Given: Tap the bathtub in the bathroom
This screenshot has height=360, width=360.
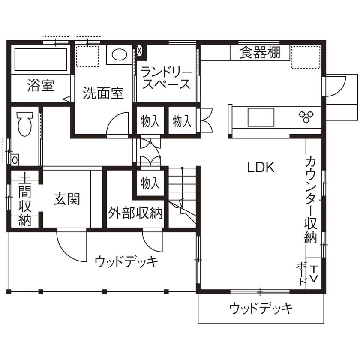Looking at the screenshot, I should pyautogui.click(x=41, y=60).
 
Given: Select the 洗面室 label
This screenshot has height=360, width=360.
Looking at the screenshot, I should pyautogui.click(x=103, y=93).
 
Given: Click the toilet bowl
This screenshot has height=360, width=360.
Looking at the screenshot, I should pyautogui.click(x=24, y=123).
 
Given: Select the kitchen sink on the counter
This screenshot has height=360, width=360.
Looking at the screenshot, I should pyautogui.click(x=261, y=117).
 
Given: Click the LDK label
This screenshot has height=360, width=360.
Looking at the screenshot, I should pyautogui.click(x=261, y=167).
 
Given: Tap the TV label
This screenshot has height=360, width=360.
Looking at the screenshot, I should pyautogui.click(x=314, y=274).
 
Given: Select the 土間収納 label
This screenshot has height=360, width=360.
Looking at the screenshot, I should pyautogui.click(x=25, y=199).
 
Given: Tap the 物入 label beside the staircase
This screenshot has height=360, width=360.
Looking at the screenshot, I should pyautogui.click(x=150, y=183).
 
